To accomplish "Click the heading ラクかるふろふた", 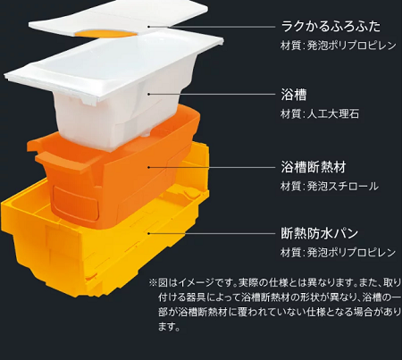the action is [331, 26].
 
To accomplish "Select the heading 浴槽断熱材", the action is [314, 167].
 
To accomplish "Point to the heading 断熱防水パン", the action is [320, 233].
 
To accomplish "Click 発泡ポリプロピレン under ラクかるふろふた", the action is [351, 46].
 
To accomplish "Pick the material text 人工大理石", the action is [333, 113].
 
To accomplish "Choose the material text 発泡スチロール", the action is [343, 187].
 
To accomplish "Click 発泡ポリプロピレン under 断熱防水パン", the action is [351, 253].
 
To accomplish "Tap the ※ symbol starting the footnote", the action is [153, 282].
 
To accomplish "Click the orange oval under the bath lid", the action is [106, 33].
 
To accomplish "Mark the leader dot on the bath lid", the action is [148, 27].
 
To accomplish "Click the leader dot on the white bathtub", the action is [148, 94].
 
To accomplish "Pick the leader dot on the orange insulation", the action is [148, 167].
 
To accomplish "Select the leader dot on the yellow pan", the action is [148, 233].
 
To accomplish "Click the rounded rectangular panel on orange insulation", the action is [76, 202].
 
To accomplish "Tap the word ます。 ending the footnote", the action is [169, 327].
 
